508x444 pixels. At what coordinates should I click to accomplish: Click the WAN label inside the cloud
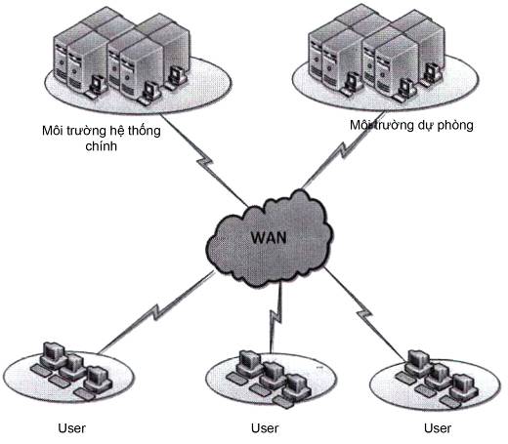(269, 237)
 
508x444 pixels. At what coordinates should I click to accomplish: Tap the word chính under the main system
(101, 145)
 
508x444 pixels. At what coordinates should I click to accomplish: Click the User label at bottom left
(71, 428)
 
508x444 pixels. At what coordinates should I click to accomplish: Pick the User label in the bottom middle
(265, 428)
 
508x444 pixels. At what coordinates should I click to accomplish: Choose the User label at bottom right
(438, 428)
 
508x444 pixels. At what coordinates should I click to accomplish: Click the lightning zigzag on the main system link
(205, 162)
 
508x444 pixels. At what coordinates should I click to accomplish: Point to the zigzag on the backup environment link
(344, 149)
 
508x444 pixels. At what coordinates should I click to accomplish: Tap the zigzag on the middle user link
(276, 315)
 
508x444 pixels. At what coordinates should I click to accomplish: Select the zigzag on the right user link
(364, 314)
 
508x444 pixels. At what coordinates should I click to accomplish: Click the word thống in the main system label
(144, 131)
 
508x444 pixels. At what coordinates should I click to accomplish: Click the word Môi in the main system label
(52, 131)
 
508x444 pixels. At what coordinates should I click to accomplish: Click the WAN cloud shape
(270, 238)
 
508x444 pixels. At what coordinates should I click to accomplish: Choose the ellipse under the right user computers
(435, 384)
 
